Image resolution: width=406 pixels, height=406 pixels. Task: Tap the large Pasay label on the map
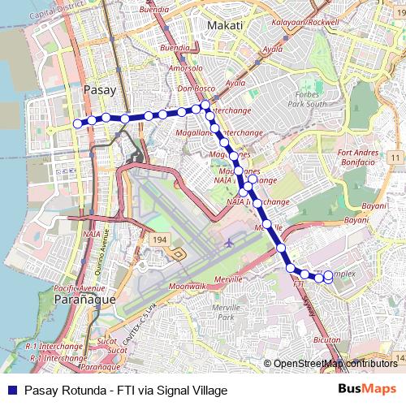[100, 90]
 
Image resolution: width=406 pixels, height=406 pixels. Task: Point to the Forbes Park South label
[306, 97]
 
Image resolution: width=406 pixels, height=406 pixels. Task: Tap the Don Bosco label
[195, 88]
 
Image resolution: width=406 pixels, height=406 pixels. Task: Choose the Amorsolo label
[185, 69]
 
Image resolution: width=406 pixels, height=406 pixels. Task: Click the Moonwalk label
[188, 287]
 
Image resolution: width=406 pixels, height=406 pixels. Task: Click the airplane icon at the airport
[229, 243]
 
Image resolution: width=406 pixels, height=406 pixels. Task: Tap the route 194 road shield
[159, 240]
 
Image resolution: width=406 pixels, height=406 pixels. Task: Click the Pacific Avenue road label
[80, 288]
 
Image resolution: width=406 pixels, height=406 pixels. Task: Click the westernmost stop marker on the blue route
[78, 123]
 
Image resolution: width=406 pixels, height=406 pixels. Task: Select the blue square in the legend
[11, 390]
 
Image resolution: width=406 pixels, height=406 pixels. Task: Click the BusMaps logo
[367, 389]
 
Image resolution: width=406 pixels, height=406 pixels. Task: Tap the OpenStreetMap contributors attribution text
[335, 364]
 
